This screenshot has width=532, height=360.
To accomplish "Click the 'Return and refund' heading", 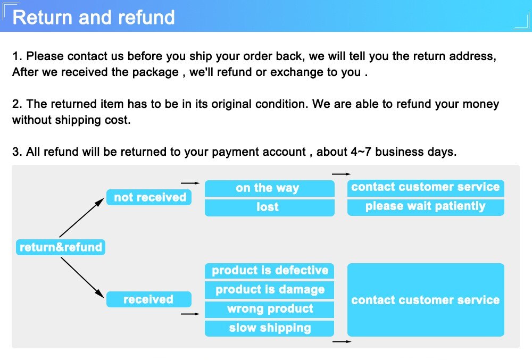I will pos(94,17).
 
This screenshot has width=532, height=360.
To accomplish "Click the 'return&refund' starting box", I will pos(61,247).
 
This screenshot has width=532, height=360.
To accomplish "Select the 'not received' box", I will pos(149,197).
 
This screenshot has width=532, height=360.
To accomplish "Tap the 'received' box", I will pos(148,299).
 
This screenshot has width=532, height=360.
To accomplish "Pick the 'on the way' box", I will pos(269,188).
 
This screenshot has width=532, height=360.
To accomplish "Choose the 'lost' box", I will pos(269,207).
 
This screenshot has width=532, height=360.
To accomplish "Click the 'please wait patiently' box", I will pos(426,206).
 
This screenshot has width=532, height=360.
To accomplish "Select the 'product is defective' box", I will pos(269,270).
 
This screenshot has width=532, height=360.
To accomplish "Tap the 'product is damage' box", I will pos(269,290).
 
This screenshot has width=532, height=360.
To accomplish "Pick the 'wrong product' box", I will pos(269,309).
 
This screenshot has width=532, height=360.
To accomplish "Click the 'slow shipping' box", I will pos(269,328).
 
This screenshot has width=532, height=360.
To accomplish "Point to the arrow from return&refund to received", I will pos(82,277).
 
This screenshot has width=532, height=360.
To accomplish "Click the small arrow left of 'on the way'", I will pos(190,183).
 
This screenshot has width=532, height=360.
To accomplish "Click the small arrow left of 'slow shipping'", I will pos(190,314).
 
